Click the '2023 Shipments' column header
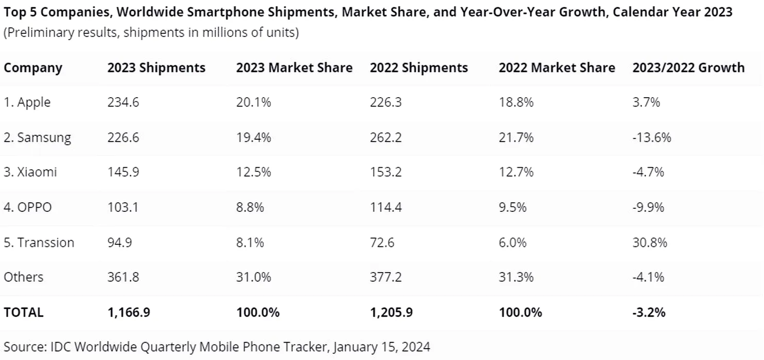156,68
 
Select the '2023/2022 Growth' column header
688,68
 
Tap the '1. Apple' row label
27,102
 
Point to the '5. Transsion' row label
39,242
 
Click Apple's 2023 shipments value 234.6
123,102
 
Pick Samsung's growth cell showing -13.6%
651,137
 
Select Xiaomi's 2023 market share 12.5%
253,172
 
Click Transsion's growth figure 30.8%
649,242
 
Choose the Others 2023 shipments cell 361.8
123,277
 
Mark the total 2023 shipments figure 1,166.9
129,312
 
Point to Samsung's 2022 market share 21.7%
516,137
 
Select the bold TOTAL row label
24,312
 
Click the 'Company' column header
33,68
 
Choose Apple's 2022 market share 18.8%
516,102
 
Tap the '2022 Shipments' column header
418,68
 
